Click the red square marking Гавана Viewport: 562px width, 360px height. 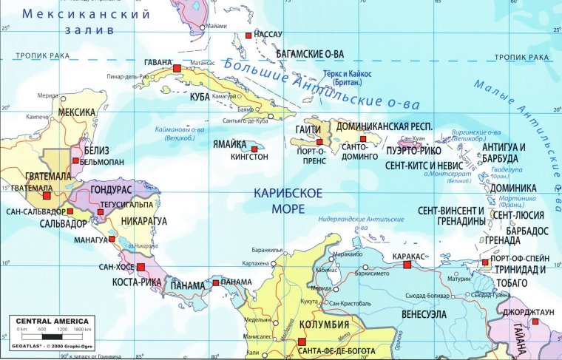coord(177,68)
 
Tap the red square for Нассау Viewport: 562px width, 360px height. coord(248,35)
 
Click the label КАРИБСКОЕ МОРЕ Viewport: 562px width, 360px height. coord(288,200)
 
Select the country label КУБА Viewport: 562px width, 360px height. coord(200,97)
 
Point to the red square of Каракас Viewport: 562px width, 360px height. coord(407,264)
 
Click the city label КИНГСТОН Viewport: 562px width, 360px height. coord(249,157)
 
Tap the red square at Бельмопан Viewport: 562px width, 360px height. coord(75,160)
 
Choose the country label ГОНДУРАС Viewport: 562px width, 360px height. coord(110,189)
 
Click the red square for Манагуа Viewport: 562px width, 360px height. coord(112,239)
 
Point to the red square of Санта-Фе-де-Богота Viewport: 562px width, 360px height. coord(302,341)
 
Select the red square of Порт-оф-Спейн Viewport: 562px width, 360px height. coord(485,262)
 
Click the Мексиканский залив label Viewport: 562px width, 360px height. coord(85,22)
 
